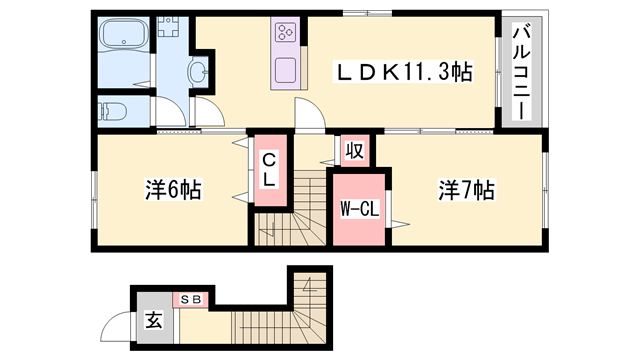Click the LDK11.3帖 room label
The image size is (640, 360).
click(x=404, y=72)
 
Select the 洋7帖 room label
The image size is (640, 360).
click(x=467, y=189)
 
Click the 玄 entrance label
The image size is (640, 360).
click(x=155, y=322)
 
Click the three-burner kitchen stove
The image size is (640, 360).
click(x=285, y=32)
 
